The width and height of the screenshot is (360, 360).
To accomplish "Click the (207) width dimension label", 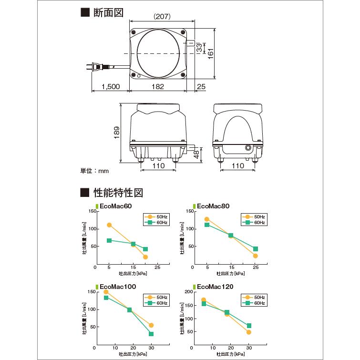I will point(162,16).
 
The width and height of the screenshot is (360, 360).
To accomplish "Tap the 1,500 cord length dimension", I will point(110,87).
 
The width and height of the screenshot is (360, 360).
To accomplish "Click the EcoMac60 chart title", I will point(115,206).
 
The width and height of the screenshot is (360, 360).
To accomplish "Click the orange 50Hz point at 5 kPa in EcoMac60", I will point(109,225).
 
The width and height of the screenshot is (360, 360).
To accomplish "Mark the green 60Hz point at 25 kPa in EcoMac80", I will point(256,249).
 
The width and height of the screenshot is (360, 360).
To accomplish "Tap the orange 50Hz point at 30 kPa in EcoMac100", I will point(151,325).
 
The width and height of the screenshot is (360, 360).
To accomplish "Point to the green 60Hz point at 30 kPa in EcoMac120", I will point(249,326).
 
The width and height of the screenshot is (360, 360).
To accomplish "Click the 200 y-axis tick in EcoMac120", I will point(188,291).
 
